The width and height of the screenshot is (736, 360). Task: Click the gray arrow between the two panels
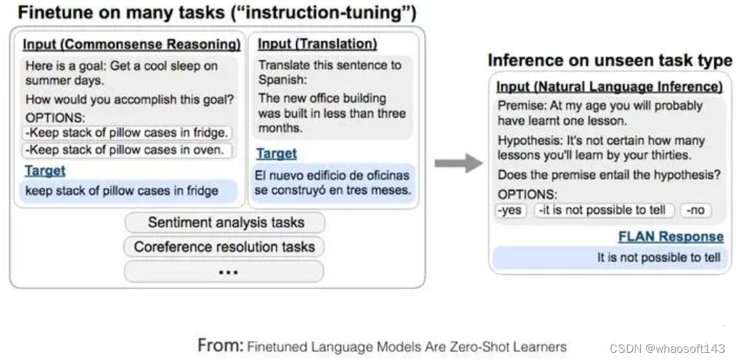pyautogui.click(x=459, y=163)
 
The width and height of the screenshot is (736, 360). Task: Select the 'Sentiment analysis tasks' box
pyautogui.click(x=225, y=223)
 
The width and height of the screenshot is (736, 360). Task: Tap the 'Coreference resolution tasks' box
pyautogui.click(x=224, y=247)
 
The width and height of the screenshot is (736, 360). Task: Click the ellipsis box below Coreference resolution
pyautogui.click(x=224, y=271)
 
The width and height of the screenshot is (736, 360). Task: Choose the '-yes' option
pyautogui.click(x=511, y=210)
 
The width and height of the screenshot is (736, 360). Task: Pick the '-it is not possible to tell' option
pyautogui.click(x=604, y=210)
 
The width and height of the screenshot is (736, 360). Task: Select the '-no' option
pyautogui.click(x=695, y=210)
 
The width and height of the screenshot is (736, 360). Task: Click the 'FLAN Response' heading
pyautogui.click(x=671, y=237)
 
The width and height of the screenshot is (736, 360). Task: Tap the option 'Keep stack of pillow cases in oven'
pyautogui.click(x=127, y=151)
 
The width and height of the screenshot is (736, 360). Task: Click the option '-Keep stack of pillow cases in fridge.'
pyautogui.click(x=127, y=133)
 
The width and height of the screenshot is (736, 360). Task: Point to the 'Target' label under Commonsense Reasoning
pyautogui.click(x=45, y=171)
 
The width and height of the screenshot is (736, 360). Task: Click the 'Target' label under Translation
pyautogui.click(x=277, y=153)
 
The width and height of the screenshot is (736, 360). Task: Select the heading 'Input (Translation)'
pyautogui.click(x=317, y=44)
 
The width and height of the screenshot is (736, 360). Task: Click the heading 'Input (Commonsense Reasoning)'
pyautogui.click(x=132, y=44)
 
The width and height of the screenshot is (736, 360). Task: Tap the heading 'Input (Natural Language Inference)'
pyautogui.click(x=609, y=87)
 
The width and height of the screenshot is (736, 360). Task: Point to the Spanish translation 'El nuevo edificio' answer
pyautogui.click(x=332, y=183)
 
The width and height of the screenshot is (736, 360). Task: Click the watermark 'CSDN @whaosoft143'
pyautogui.click(x=667, y=348)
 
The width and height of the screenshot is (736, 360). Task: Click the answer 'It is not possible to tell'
pyautogui.click(x=658, y=257)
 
